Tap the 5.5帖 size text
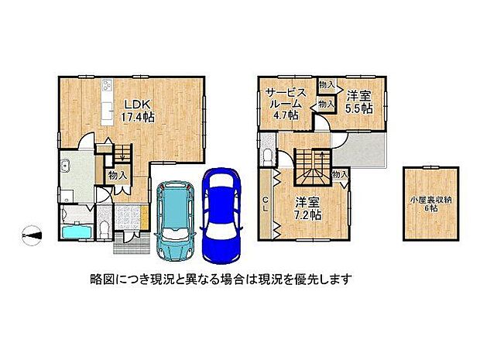pos(358,108)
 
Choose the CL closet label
pos(265,204)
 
